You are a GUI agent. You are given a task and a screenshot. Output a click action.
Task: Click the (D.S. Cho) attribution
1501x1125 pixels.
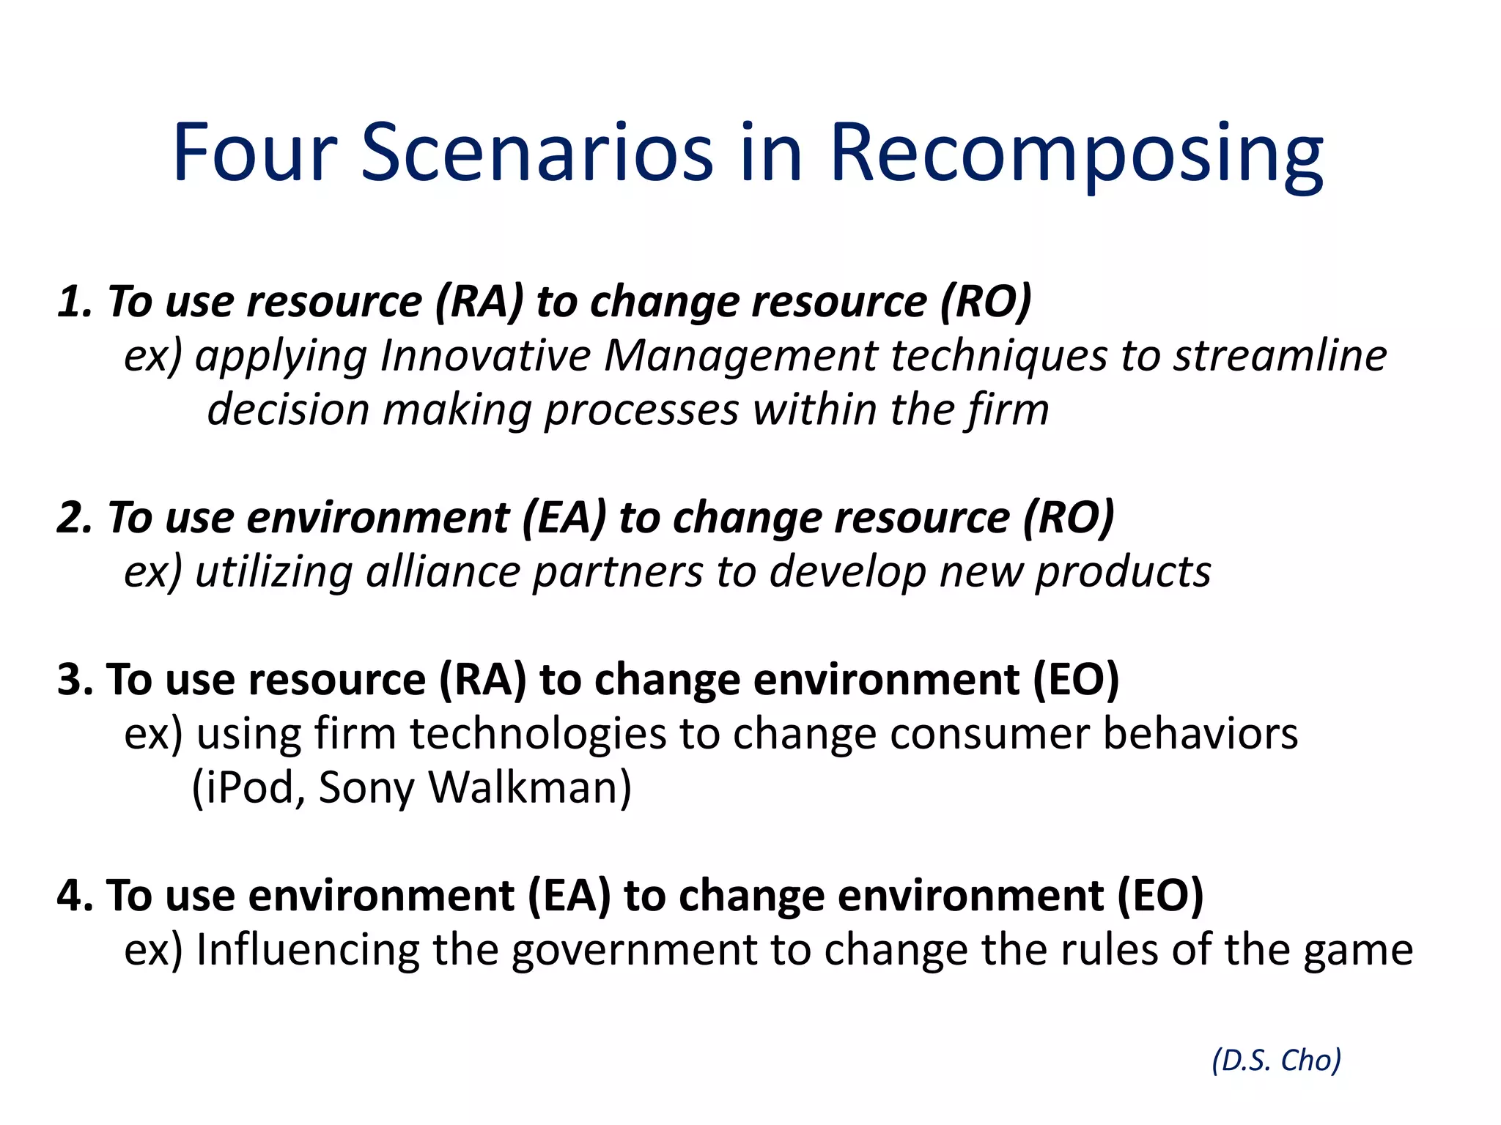[x=1276, y=1060]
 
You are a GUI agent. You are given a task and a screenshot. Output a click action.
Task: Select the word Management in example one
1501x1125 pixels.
[x=740, y=356]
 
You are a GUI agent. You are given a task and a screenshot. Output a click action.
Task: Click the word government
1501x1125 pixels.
[x=633, y=950]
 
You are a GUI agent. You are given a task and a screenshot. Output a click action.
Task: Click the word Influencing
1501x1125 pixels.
[x=307, y=950]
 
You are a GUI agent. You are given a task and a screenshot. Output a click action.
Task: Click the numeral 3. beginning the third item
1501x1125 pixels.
[x=75, y=679]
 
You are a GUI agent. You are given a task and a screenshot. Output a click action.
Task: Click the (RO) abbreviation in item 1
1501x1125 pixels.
[x=986, y=302]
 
